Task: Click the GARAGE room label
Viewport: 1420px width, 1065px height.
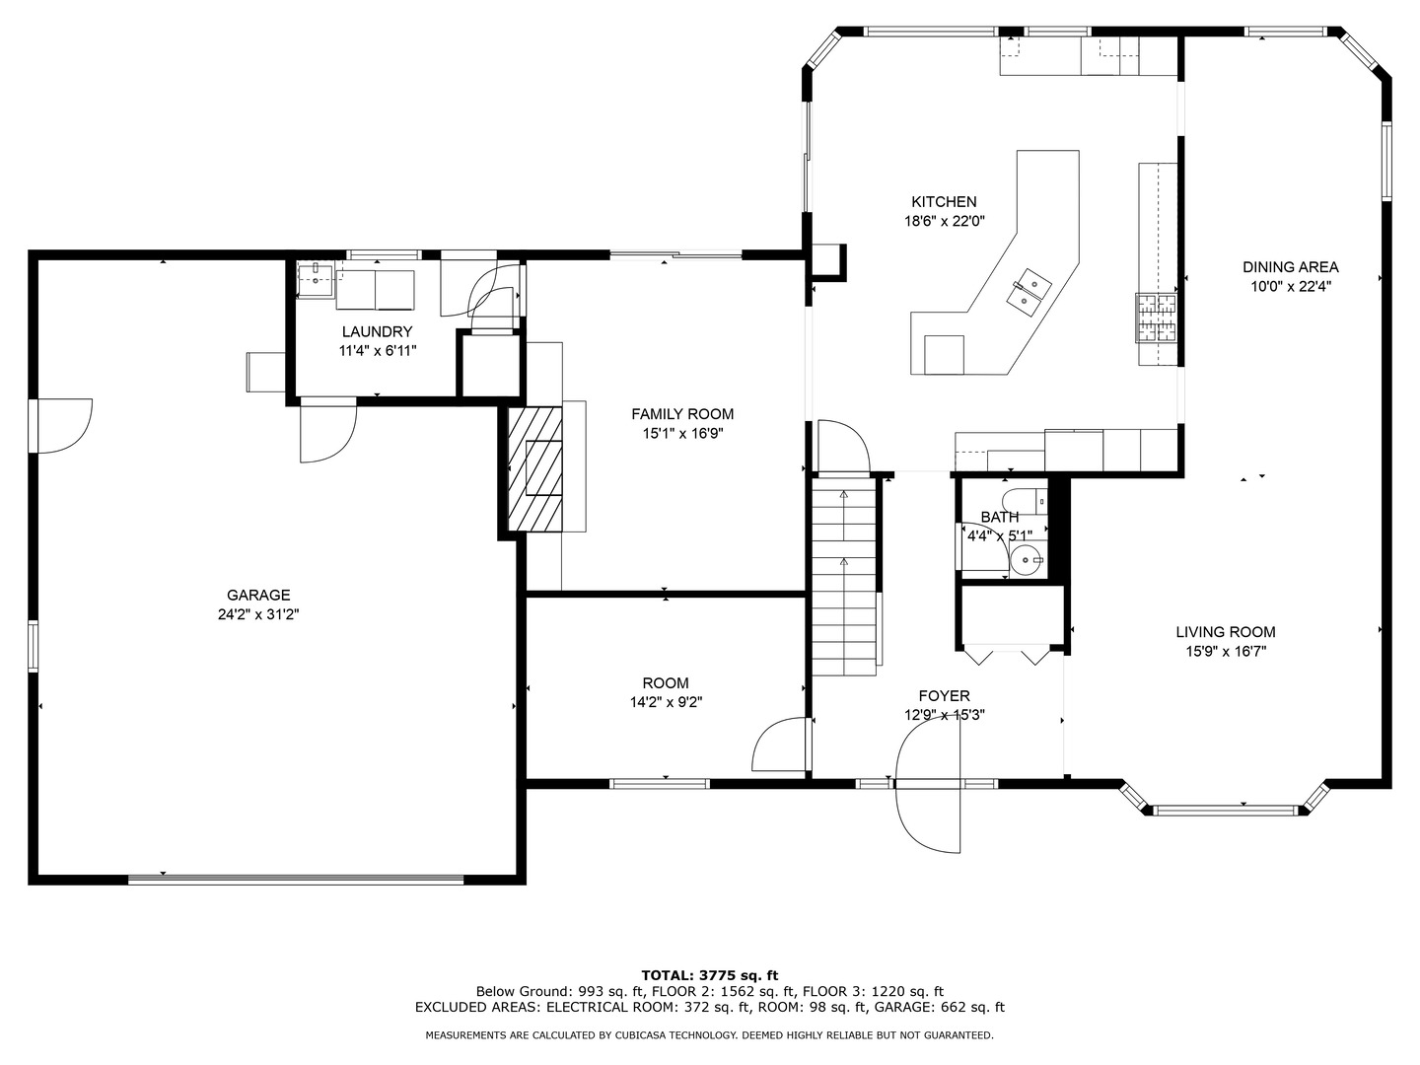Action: coord(258,595)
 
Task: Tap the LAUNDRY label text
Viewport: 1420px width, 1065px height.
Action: coord(377,332)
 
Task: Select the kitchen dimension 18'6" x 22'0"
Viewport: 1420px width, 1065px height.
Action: coord(945,222)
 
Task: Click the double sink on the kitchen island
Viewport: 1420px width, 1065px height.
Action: coord(1029,287)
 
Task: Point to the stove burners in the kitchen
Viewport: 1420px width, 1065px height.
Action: coord(1157,318)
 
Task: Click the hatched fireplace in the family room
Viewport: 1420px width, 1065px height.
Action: coord(534,469)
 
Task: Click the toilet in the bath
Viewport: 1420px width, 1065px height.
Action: coord(1018,498)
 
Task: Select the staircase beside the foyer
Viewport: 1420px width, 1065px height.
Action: coord(844,577)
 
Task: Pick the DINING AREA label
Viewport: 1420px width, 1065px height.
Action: coord(1290,267)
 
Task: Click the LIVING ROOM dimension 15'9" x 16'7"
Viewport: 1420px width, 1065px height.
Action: coord(1226,651)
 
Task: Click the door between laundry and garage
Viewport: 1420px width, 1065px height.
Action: coord(327,431)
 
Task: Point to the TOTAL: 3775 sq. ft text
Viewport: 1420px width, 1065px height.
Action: coord(709,975)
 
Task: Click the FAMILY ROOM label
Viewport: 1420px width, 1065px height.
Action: coord(682,414)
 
